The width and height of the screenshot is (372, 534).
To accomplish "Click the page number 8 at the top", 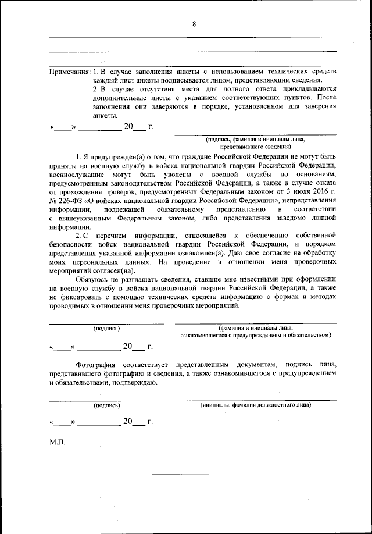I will pyautogui.click(x=194, y=24).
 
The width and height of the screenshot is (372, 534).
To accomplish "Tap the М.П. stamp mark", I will pyautogui.click(x=57, y=442).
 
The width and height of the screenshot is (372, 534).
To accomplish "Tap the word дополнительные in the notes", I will pyautogui.click(x=117, y=97).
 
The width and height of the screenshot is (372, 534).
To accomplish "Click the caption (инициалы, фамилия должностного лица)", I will pyautogui.click(x=256, y=404).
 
